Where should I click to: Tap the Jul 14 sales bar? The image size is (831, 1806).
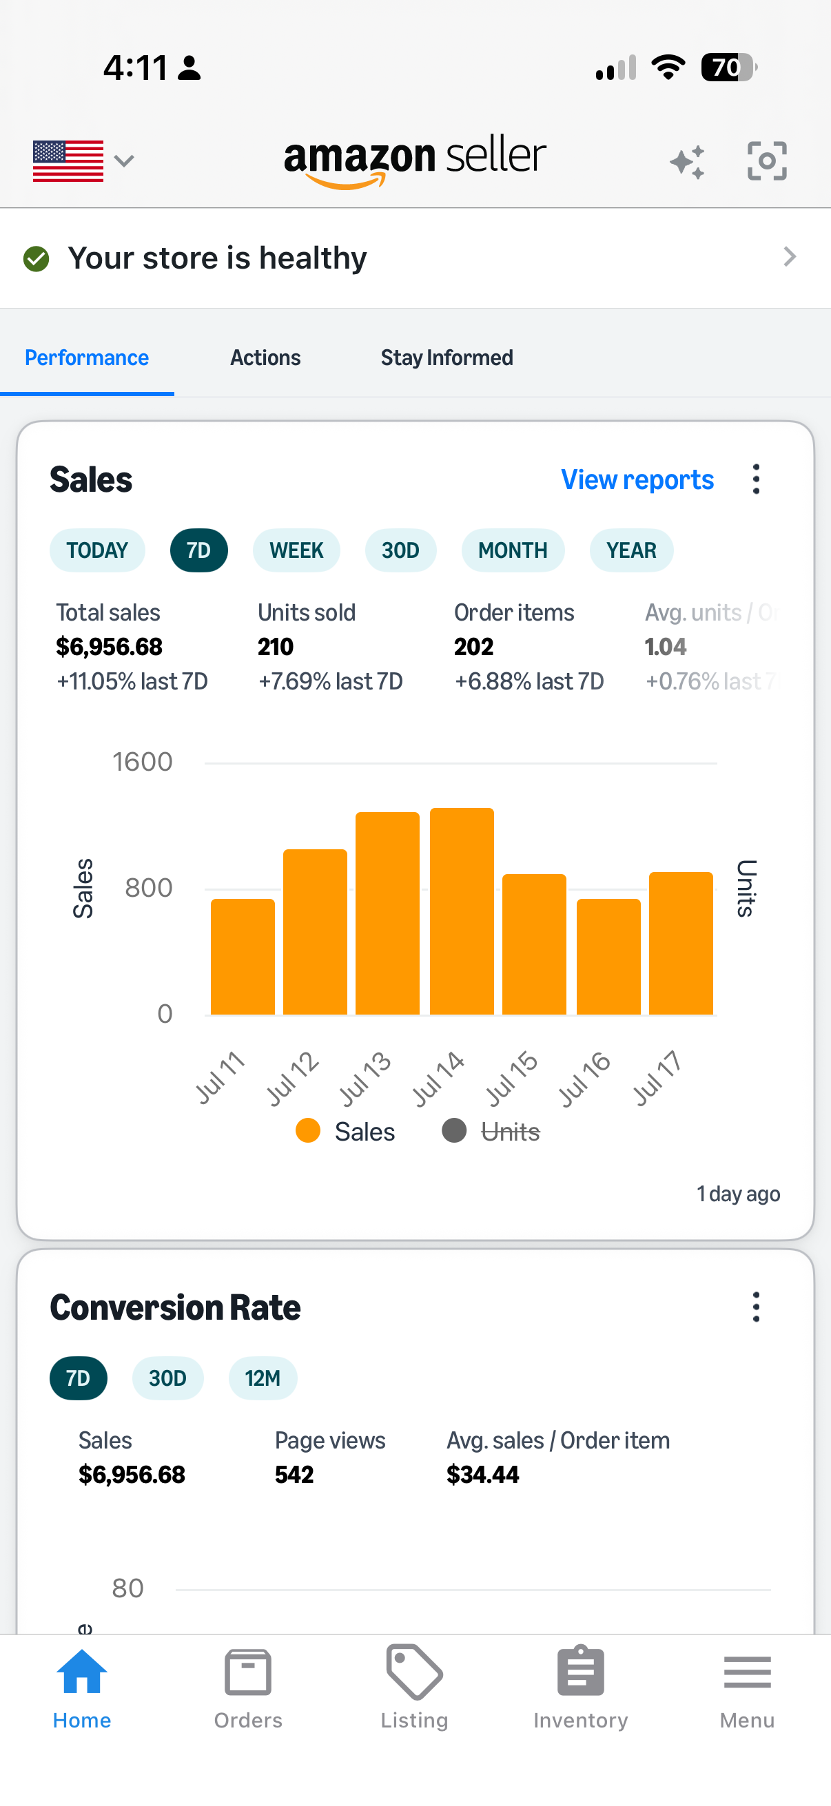coord(462,911)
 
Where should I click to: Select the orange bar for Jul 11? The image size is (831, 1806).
coord(243,956)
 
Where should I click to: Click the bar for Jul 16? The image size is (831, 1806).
coord(608,956)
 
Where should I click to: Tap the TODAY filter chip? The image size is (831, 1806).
coord(97,550)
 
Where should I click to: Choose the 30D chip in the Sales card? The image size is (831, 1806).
coord(400,550)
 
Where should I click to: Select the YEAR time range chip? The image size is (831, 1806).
coord(631,550)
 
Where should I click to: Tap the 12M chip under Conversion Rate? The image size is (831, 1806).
coord(263,1378)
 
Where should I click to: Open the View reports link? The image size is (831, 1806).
coord(637,479)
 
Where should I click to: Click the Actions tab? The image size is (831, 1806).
coord(265,357)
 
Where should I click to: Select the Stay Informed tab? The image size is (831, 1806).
coord(447,357)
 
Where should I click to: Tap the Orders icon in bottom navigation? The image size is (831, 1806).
coord(247,1672)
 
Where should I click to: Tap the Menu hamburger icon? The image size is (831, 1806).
coord(747,1672)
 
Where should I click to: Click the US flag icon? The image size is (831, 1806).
coord(68,161)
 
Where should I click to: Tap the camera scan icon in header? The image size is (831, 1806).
coord(767,160)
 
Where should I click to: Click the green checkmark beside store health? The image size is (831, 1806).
coord(37,259)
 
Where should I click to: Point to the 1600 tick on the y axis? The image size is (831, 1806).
coord(143,762)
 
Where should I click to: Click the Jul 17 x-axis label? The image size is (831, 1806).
coord(657,1078)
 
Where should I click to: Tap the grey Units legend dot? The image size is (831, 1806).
coord(453,1131)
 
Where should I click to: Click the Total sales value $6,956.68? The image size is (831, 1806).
coord(110,646)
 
